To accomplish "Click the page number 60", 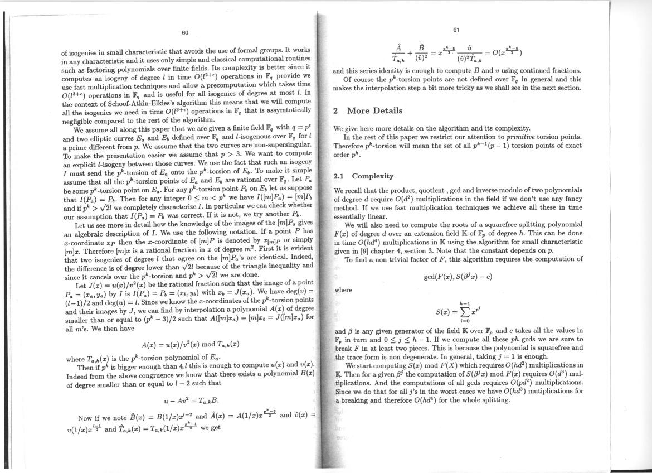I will click(x=184, y=32).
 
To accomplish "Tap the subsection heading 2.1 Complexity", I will click(x=363, y=176).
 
